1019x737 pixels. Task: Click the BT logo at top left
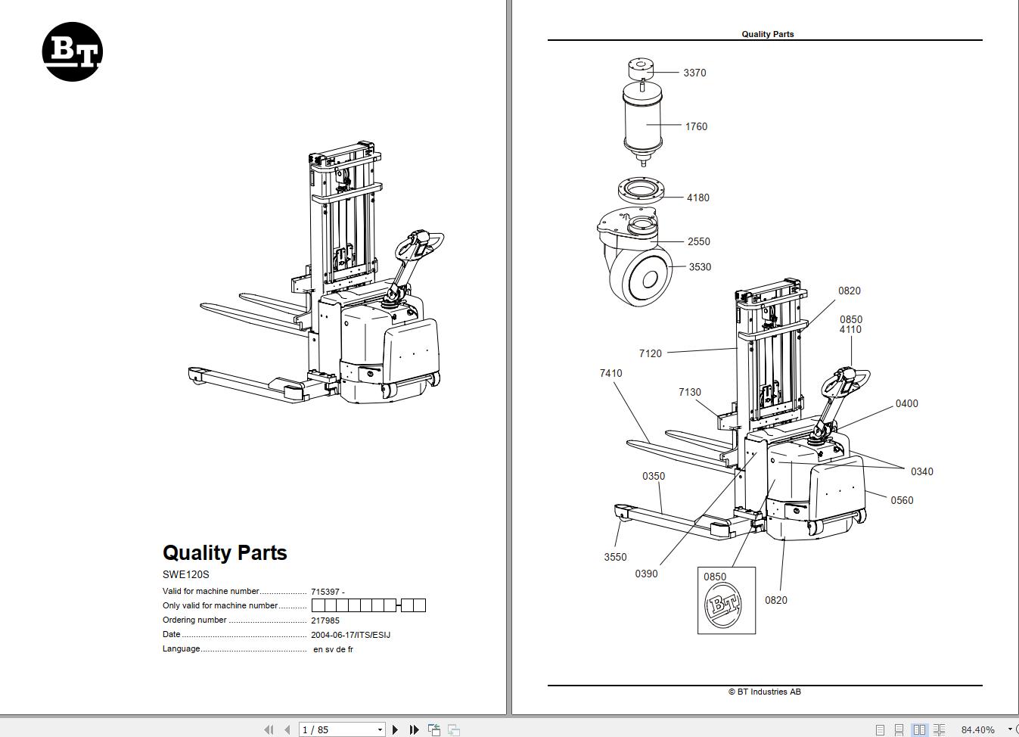point(72,51)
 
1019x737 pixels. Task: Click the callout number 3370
point(694,73)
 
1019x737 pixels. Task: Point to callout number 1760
point(696,126)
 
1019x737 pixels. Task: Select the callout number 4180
point(697,197)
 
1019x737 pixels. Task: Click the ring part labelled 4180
point(642,188)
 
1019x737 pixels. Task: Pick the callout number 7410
point(610,373)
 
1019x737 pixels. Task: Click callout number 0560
point(902,500)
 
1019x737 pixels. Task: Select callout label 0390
point(646,574)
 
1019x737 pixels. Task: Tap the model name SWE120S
point(185,574)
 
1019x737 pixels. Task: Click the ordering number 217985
point(325,620)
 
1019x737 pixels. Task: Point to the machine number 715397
point(325,592)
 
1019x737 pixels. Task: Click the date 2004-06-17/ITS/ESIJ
point(350,635)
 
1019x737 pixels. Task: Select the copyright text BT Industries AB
point(764,692)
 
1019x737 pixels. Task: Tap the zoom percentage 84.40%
point(977,729)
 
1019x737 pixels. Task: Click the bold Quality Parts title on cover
point(225,552)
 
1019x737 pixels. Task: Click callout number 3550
point(615,557)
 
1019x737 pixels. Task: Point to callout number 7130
point(689,392)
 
